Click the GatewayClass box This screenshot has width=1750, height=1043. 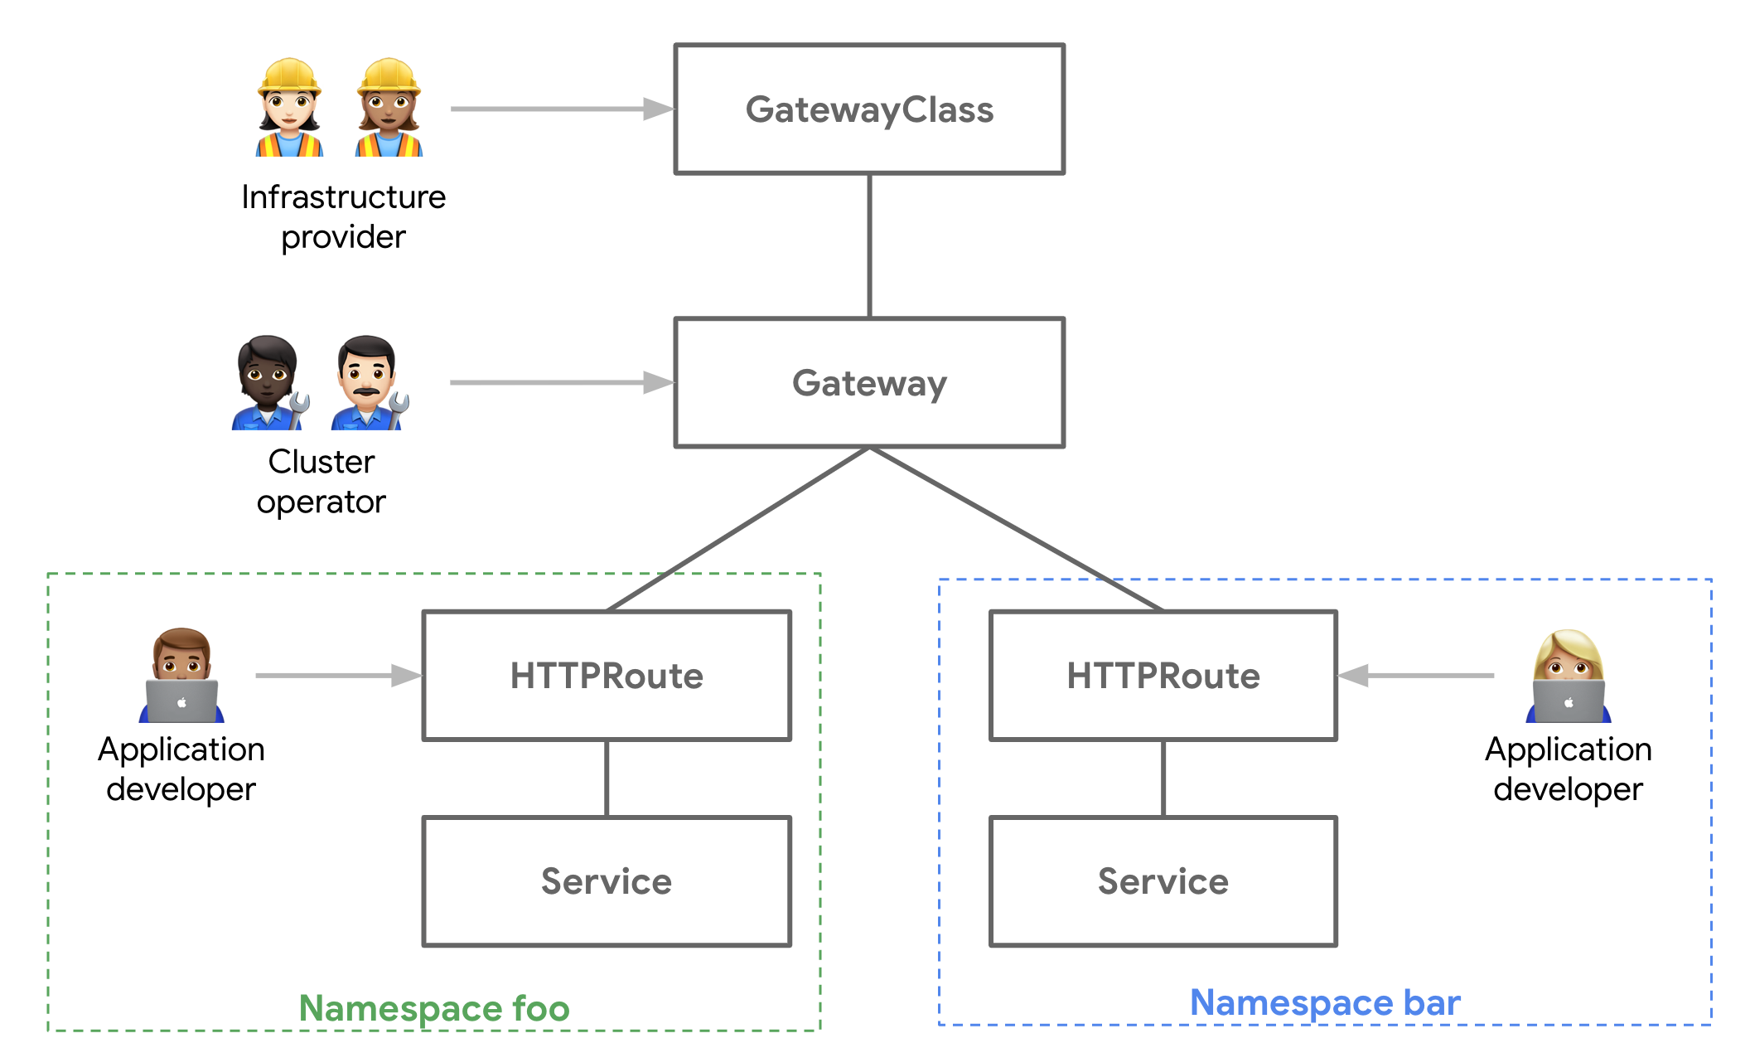click(869, 109)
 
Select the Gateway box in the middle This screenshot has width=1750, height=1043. click(869, 383)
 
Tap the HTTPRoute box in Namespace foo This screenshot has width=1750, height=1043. click(607, 676)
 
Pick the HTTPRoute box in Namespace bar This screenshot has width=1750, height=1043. click(1163, 676)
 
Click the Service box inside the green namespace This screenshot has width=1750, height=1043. click(607, 881)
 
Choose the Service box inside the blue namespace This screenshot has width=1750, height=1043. click(1163, 881)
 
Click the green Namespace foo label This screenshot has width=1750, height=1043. click(434, 1008)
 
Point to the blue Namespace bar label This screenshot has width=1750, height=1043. click(1324, 1002)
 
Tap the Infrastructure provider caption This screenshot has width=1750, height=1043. click(343, 216)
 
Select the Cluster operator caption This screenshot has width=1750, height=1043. click(321, 482)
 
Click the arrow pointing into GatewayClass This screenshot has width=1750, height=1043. click(560, 109)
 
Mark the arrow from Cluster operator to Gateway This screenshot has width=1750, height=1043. click(560, 382)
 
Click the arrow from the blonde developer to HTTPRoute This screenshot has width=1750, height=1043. click(1417, 676)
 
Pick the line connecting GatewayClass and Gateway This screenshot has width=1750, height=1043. click(869, 245)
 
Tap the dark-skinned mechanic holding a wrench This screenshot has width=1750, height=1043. click(268, 383)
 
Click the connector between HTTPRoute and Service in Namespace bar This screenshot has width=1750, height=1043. click(1163, 778)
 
